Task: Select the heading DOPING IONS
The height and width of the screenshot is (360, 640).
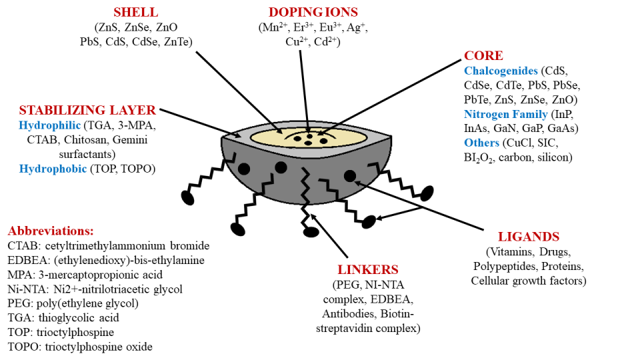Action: [x=312, y=13]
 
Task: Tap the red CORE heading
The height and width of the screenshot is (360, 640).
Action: [x=483, y=55]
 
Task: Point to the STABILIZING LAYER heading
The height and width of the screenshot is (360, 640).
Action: [x=87, y=110]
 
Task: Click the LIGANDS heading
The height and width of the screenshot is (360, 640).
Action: [x=529, y=237]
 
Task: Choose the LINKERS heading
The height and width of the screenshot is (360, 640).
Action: [x=368, y=270]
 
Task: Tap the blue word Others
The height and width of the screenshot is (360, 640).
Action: [x=482, y=143]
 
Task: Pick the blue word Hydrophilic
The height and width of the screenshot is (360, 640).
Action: [x=49, y=125]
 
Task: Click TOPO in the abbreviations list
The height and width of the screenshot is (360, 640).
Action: [x=25, y=347]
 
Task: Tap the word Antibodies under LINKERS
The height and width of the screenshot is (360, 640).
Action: [x=351, y=314]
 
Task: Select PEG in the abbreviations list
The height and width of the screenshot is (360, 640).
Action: [x=20, y=303]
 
